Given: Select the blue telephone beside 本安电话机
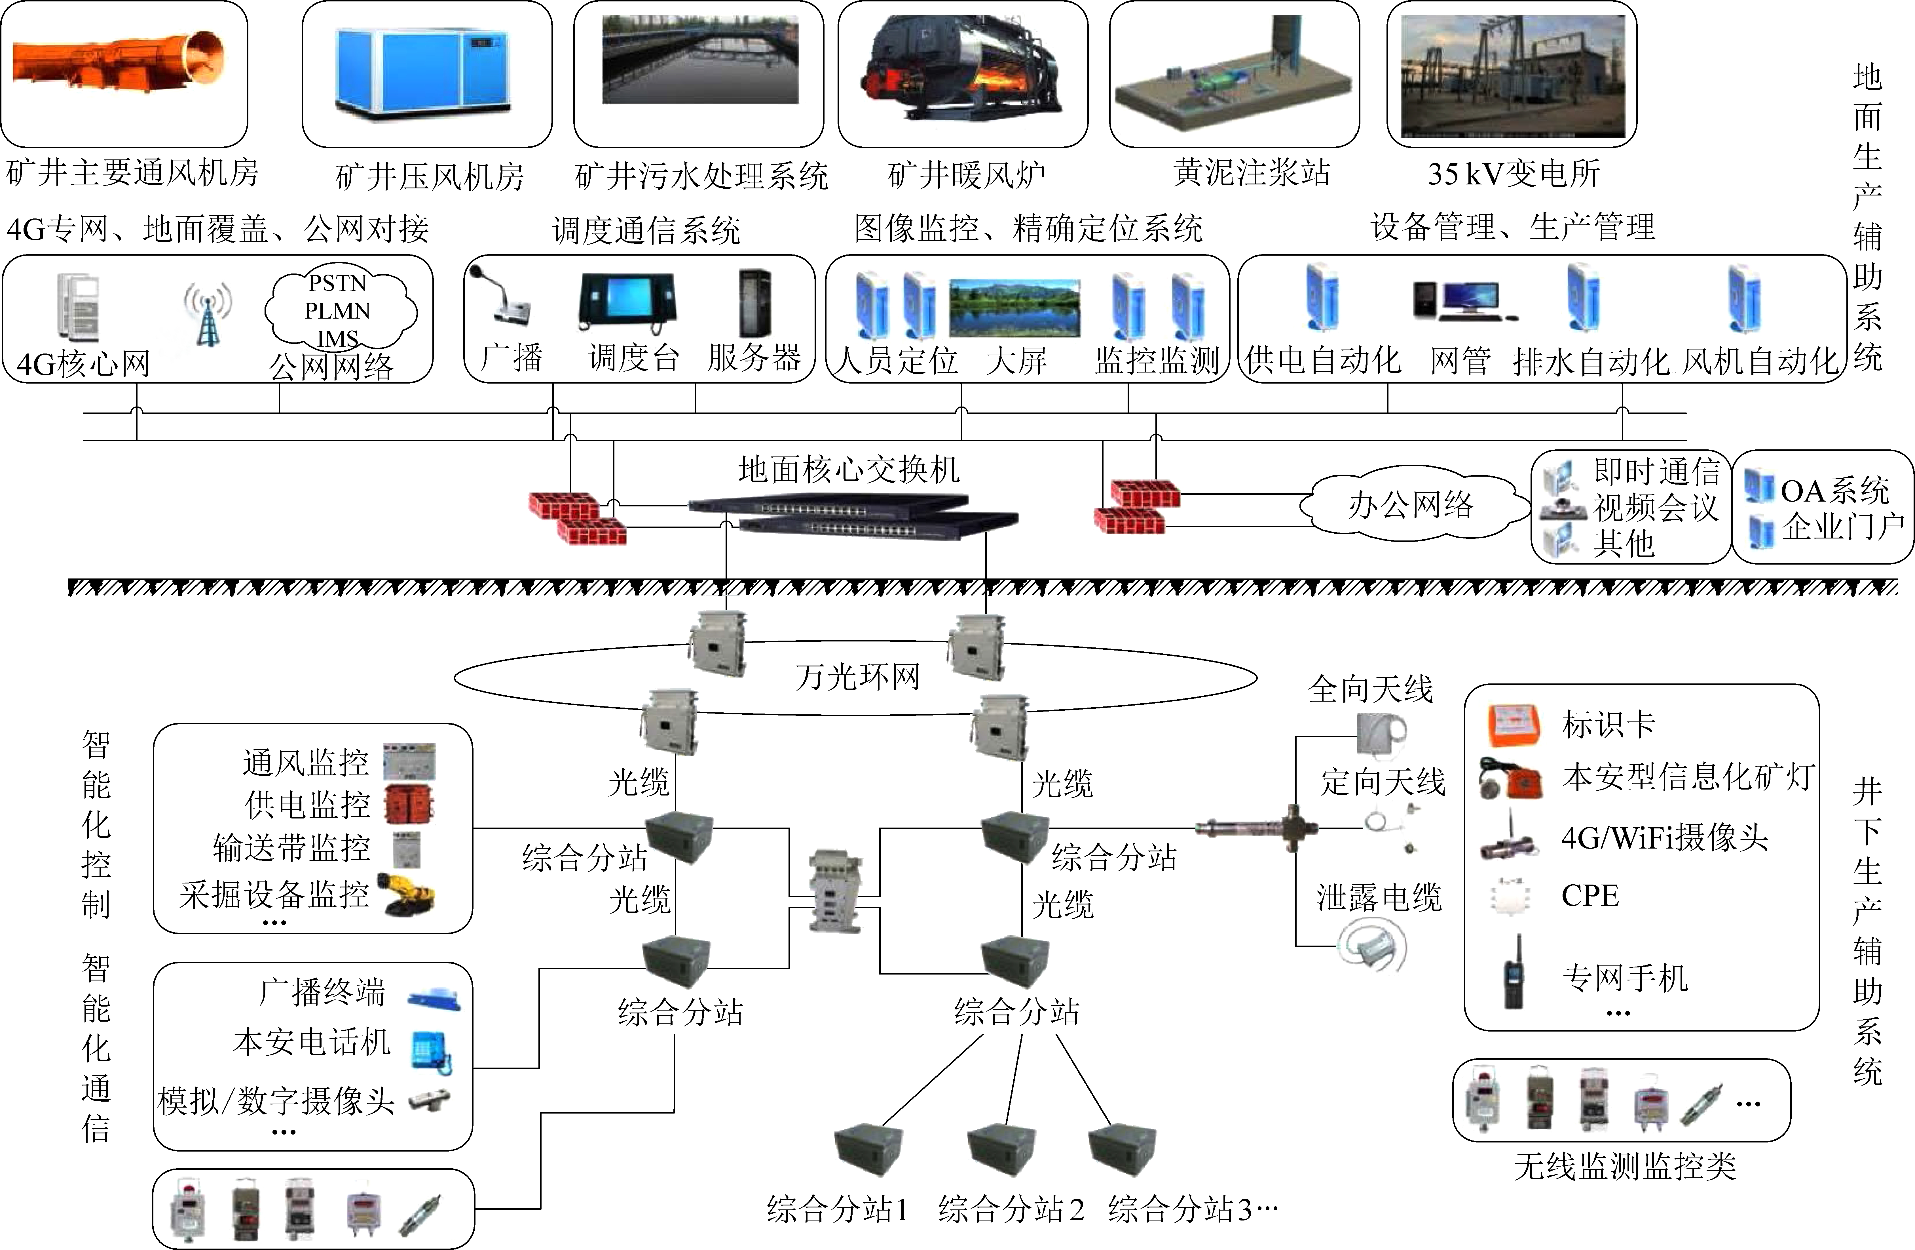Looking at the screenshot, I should point(430,1050).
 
